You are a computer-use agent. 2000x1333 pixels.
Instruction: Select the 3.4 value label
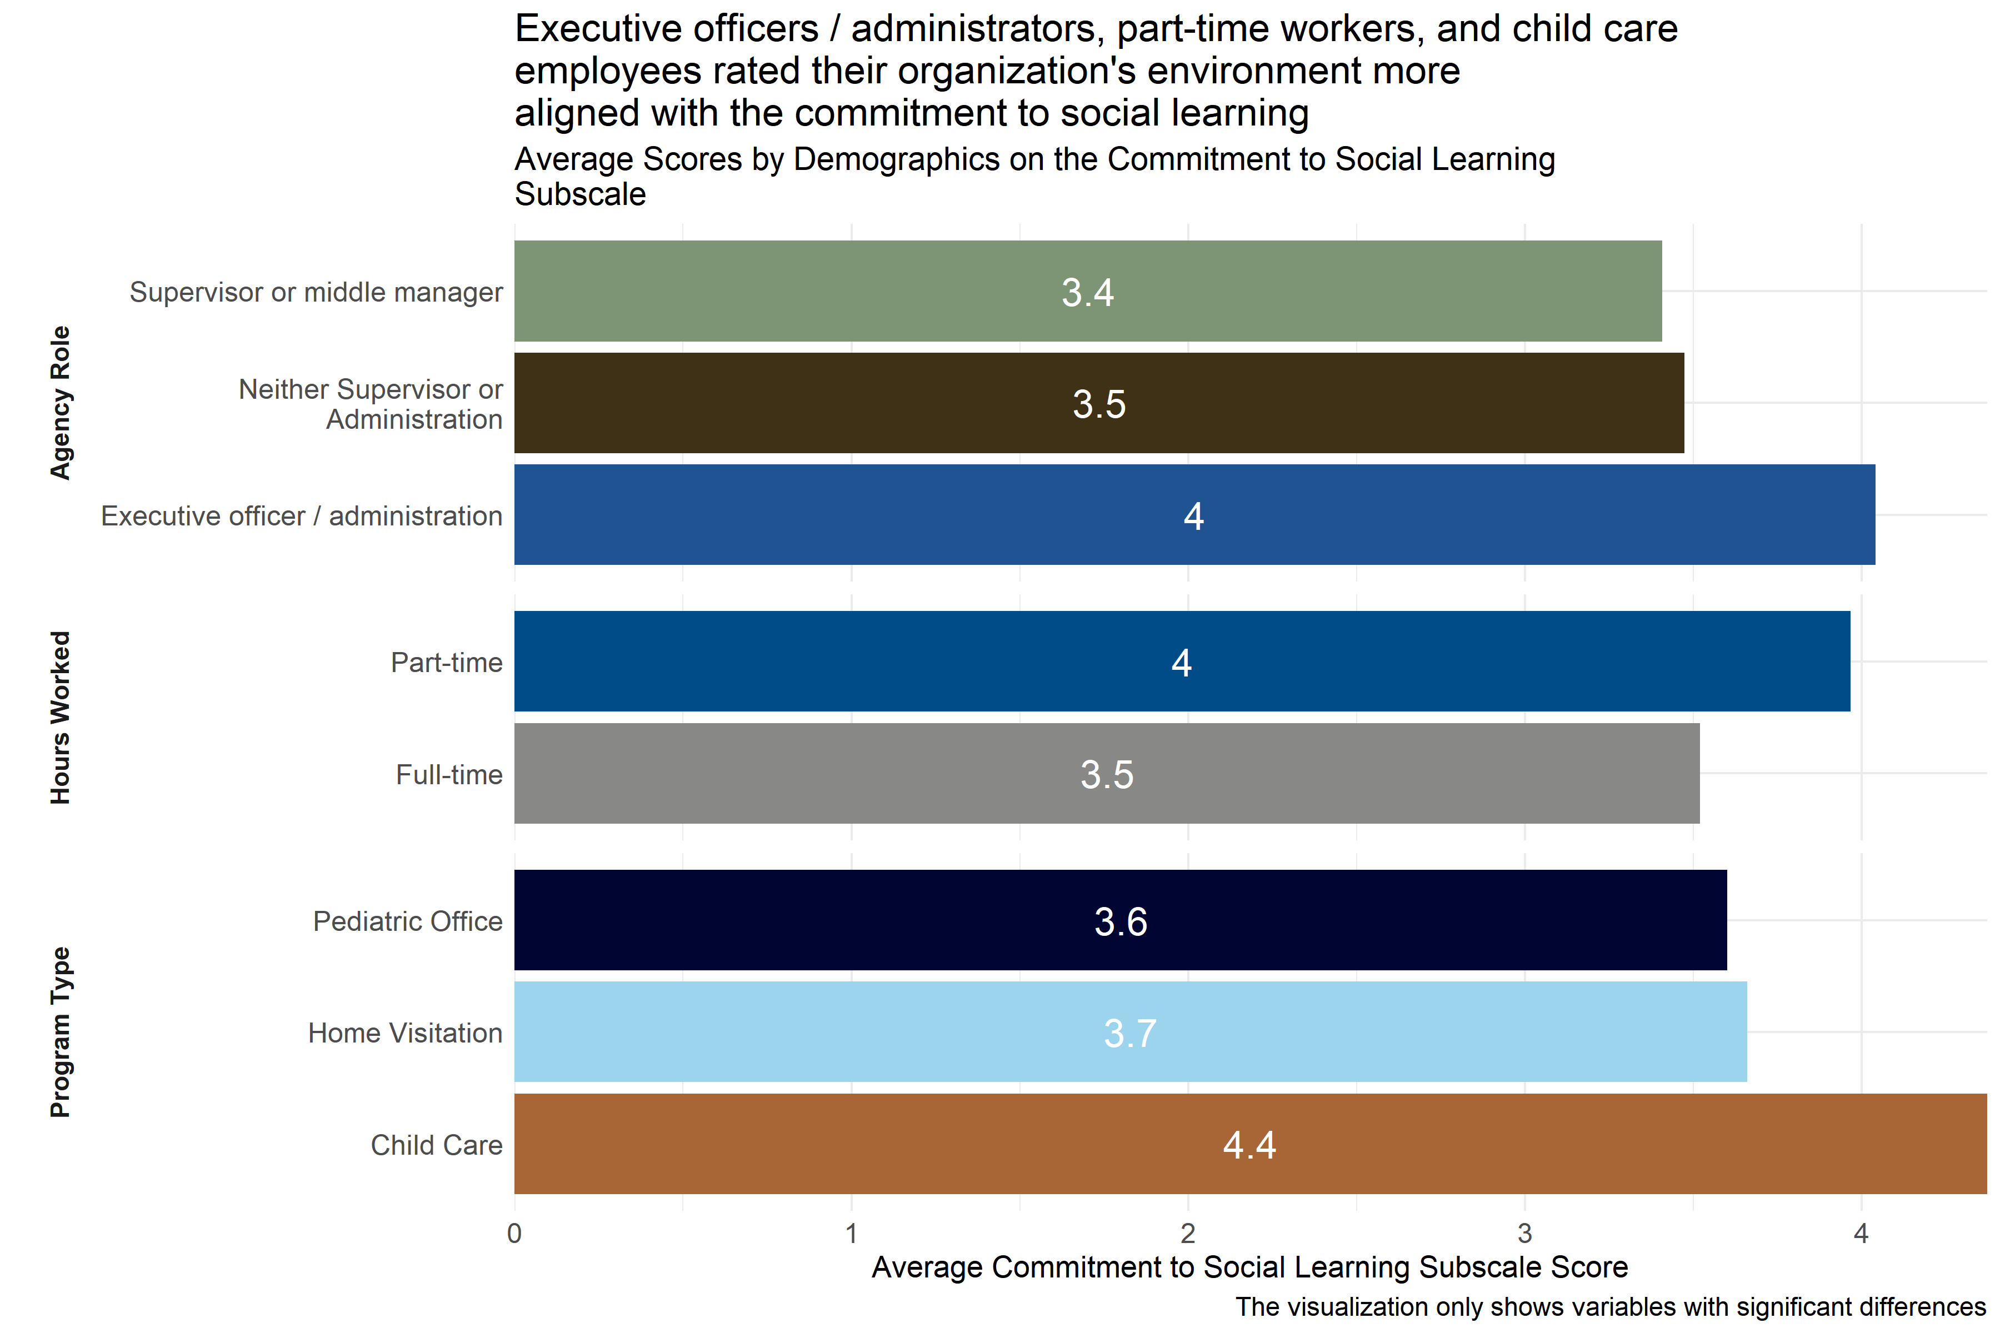coord(1088,293)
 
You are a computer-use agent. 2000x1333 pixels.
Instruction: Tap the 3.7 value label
coord(1130,1034)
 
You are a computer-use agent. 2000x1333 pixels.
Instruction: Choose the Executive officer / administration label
coord(302,516)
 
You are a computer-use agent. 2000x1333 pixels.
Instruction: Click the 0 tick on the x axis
coord(514,1234)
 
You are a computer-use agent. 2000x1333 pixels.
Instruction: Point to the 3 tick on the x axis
coord(1524,1234)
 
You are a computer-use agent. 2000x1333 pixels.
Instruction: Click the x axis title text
coord(1249,1267)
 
